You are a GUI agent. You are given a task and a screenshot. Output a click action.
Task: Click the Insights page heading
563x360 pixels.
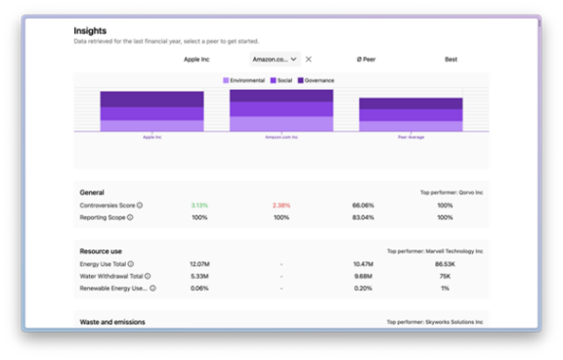(91, 31)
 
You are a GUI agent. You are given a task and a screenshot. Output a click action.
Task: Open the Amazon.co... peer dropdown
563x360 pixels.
(276, 59)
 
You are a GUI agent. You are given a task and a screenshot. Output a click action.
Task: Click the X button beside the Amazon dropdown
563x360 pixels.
(309, 59)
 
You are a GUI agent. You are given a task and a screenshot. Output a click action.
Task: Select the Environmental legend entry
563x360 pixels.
(244, 80)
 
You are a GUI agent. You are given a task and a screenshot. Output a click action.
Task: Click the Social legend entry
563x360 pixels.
(283, 80)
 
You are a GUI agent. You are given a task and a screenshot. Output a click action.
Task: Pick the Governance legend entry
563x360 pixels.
(318, 80)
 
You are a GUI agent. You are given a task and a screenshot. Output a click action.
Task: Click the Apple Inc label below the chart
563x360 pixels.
(152, 138)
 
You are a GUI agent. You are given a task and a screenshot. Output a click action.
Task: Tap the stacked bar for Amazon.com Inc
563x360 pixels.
(281, 111)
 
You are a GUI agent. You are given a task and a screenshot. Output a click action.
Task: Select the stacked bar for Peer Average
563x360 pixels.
(410, 114)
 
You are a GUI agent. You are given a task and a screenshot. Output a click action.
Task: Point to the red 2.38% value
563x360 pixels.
(281, 205)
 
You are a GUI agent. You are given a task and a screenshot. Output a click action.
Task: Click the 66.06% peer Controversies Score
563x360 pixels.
(364, 205)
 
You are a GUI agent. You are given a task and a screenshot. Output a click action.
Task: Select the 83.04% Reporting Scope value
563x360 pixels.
(364, 218)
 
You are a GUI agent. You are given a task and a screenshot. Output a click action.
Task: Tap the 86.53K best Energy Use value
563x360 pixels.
(445, 264)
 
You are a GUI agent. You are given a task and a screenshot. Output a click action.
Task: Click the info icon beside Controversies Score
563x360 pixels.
(140, 205)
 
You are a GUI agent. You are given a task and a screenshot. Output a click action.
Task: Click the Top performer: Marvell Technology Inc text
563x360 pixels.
(434, 251)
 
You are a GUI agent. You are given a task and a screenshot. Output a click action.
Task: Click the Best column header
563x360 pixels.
(451, 59)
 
